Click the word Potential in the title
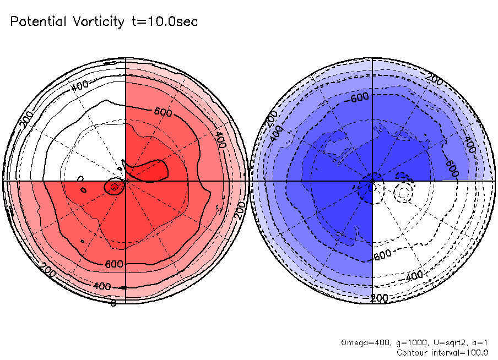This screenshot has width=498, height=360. (x=39, y=22)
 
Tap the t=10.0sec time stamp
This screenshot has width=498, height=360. (x=165, y=22)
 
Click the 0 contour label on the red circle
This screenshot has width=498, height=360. (x=113, y=303)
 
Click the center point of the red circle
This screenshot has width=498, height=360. (x=126, y=181)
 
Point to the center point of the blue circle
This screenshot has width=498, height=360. (x=373, y=181)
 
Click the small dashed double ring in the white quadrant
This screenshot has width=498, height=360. (x=404, y=192)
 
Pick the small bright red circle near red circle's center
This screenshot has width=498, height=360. (x=114, y=187)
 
